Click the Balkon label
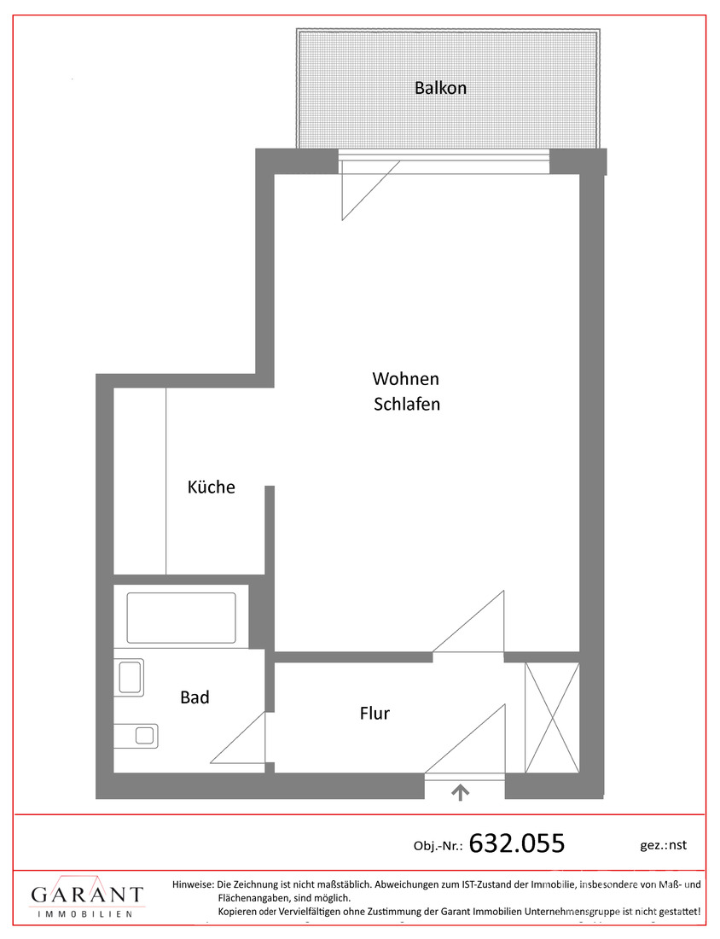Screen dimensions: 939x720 pos(440,88)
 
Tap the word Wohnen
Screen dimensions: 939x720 pos(405,378)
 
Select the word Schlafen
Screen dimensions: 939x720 pos(407,405)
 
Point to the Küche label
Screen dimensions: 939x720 pos(211,487)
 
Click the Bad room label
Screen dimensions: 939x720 pos(195,697)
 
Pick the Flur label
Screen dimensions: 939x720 pos(375,713)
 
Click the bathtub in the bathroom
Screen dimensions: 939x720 pos(181,617)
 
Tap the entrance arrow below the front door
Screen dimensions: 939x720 pos(461,793)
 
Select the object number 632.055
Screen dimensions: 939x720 pos(517,843)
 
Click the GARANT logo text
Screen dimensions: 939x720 pos(87,895)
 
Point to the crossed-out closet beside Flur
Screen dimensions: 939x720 pos(552,716)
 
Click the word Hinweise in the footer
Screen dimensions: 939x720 pos(193,884)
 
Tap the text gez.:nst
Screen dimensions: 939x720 pos(663,845)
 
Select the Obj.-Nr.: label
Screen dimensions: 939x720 pos(438,846)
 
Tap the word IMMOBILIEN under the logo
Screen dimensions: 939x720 pos(87,914)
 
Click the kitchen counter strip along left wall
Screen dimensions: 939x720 pos(140,481)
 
